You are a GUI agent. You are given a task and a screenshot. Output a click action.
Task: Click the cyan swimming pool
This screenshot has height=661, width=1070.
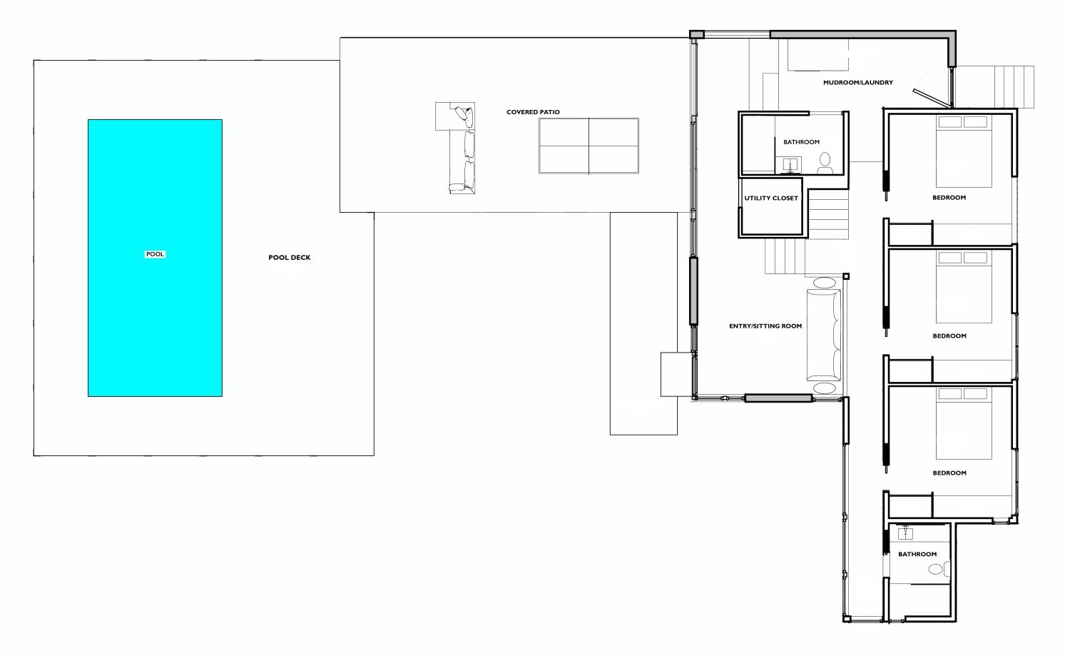155,258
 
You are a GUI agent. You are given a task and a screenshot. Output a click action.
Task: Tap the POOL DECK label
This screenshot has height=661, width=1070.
290,258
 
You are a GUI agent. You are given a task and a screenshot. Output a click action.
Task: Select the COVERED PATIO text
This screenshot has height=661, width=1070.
533,112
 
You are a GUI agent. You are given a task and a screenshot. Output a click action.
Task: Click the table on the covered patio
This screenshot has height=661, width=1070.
588,146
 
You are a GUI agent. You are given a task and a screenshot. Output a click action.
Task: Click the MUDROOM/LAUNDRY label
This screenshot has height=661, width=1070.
858,83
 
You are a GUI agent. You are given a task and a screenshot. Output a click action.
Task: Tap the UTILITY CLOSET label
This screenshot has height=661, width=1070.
771,198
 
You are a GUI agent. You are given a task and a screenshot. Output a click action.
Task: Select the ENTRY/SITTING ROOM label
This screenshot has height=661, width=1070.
765,326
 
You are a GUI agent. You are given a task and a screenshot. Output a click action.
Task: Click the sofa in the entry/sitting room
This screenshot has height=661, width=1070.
823,335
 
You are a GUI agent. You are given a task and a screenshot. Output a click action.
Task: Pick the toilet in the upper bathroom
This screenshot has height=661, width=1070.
825,163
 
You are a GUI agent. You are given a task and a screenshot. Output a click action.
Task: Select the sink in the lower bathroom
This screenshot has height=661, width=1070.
905,533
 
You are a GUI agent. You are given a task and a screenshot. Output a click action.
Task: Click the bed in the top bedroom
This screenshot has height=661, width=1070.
964,151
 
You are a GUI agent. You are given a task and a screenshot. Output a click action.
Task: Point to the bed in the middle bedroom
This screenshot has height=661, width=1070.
964,287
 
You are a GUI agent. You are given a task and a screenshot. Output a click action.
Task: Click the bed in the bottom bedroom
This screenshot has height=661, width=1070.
964,423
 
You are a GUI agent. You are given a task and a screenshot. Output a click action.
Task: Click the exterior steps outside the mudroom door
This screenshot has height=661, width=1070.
1014,87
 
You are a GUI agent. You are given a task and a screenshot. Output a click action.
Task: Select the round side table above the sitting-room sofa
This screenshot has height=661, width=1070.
825,283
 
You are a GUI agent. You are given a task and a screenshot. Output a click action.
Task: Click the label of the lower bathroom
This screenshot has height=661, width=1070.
917,555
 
